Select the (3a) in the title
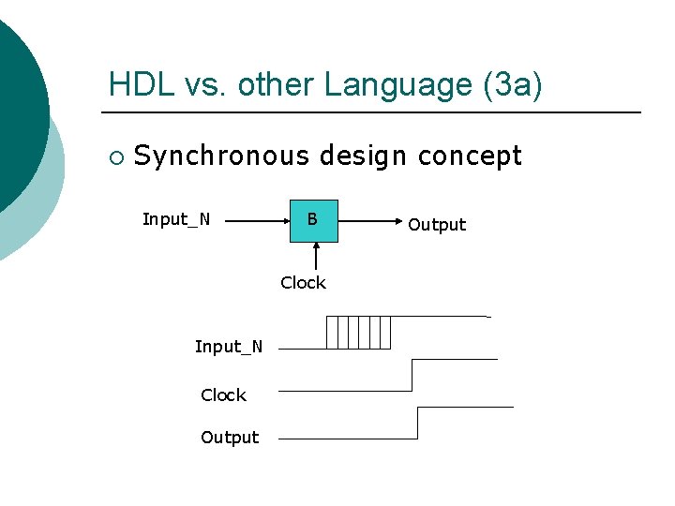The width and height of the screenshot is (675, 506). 511,84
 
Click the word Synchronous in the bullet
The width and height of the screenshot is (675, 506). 221,156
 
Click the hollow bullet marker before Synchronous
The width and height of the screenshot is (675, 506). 114,156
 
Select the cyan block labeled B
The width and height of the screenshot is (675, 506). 312,221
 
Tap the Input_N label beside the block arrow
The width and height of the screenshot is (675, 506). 176,219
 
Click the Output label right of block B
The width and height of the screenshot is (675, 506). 437,225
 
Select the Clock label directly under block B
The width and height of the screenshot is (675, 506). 303,283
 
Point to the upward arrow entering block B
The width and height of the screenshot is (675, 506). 317,256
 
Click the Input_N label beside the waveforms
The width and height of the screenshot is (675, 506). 229,347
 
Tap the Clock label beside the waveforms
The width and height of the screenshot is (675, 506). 223,395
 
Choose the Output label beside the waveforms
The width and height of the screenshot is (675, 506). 230,438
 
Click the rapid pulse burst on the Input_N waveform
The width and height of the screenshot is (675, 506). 358,333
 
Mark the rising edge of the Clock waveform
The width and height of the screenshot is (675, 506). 412,375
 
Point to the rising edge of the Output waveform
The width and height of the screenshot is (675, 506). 417,423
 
